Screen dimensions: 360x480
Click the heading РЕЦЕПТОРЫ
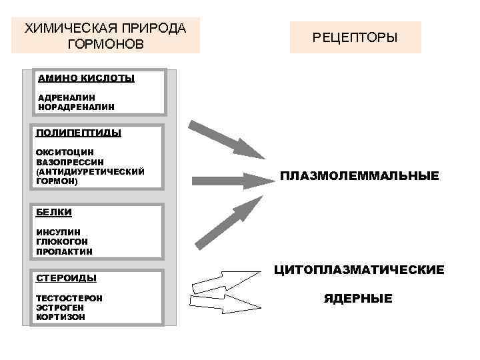coord(355,37)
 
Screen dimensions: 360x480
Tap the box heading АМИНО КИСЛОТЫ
coord(86,79)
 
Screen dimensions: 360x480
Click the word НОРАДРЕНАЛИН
coord(76,106)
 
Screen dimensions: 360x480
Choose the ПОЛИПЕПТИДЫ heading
coord(78,133)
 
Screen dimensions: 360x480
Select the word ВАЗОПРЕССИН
coord(69,162)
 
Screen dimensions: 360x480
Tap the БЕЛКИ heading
coord(53,212)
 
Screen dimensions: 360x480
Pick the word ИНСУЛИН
coord(58,232)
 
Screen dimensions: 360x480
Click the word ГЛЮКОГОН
coord(61,241)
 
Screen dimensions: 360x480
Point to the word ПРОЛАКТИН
coord(64,251)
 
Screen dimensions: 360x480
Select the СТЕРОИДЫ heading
coord(66,278)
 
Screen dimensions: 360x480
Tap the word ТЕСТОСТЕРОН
coord(69,298)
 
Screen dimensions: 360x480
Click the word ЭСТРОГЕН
coord(60,307)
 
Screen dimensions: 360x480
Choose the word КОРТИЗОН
coord(61,317)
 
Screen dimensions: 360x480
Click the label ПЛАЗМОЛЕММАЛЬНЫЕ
coord(359,177)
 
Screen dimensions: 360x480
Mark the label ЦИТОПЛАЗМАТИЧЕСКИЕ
coord(359,270)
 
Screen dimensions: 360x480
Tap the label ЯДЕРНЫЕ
coord(358,299)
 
